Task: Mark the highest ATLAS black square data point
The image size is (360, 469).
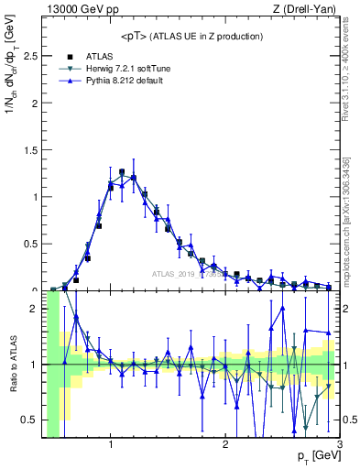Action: coord(122,171)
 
